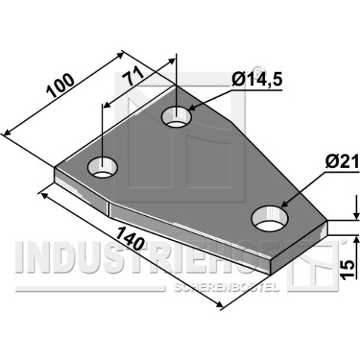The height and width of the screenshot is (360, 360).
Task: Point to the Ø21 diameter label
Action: pos(342,163)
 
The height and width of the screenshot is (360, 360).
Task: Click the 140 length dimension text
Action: pos(130,238)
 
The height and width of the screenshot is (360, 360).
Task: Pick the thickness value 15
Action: pos(347,270)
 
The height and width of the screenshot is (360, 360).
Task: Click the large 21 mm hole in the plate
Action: pos(269,218)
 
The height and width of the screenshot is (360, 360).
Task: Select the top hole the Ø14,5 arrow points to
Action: pos(176,117)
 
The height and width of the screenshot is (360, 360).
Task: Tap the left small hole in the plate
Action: pos(102,167)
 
